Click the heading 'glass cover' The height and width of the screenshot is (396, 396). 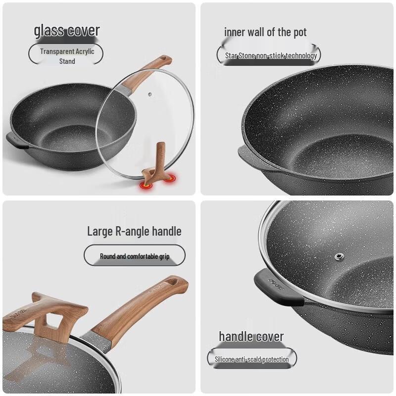pyautogui.click(x=67, y=31)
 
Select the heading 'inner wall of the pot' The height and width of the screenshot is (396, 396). pyautogui.click(x=265, y=33)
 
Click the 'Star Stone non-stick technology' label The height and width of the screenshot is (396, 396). pyautogui.click(x=271, y=55)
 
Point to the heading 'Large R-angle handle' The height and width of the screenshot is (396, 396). pyautogui.click(x=134, y=231)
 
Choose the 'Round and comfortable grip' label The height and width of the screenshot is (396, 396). pyautogui.click(x=135, y=256)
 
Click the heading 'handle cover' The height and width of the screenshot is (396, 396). pyautogui.click(x=251, y=337)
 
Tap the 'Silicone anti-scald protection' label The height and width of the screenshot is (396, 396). pyautogui.click(x=251, y=359)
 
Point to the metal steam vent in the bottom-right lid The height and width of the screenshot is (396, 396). pyautogui.click(x=340, y=256)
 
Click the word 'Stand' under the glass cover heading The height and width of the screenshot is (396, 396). pyautogui.click(x=67, y=61)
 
